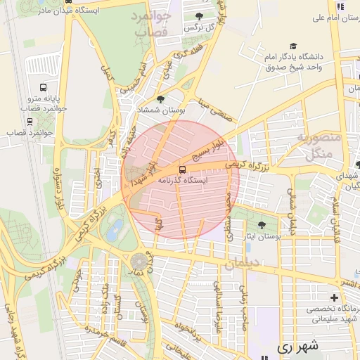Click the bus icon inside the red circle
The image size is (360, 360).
[x=182, y=169]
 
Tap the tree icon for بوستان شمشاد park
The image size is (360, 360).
[x=160, y=99]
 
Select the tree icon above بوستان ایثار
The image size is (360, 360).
[x=262, y=225]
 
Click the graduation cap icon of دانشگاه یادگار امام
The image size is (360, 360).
[x=292, y=44]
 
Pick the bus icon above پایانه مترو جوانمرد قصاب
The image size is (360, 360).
[x=43, y=88]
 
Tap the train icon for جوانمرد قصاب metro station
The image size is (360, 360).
[x=30, y=120]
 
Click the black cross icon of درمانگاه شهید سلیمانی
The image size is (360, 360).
[x=334, y=297]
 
